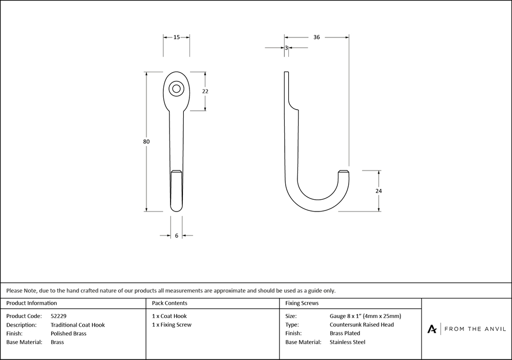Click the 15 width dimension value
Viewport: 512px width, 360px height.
tap(176, 37)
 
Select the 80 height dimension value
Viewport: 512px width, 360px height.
tap(146, 141)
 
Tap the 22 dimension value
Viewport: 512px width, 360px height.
tap(205, 92)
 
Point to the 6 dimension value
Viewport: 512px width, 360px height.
tap(177, 236)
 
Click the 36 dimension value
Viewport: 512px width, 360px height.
tap(316, 37)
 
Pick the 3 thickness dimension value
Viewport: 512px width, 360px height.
tap(286, 48)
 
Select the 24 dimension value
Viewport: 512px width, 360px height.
tap(378, 191)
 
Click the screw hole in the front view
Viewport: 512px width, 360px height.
tap(176, 89)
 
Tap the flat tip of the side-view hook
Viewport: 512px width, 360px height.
tap(344, 171)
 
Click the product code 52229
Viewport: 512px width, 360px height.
tap(58, 316)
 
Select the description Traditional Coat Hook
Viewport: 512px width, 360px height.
tap(78, 325)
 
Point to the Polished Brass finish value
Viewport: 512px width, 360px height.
tap(69, 333)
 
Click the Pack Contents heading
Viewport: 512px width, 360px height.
tap(169, 303)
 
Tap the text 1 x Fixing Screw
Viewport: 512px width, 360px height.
tap(172, 325)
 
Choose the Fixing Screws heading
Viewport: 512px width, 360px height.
tap(302, 303)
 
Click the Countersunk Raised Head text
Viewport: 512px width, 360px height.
tap(362, 325)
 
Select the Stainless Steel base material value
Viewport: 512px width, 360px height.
tap(348, 342)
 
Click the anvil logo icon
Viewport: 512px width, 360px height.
tap(432, 329)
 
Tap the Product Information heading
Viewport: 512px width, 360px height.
tap(31, 303)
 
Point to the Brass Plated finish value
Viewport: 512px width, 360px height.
tap(345, 333)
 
